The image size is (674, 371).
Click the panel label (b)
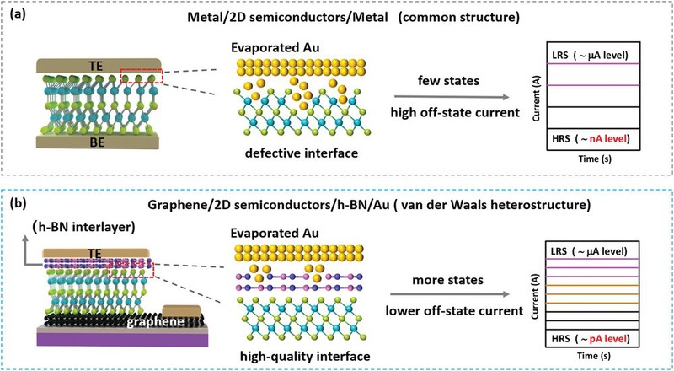[18, 204]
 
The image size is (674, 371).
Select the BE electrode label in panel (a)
[99, 166]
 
